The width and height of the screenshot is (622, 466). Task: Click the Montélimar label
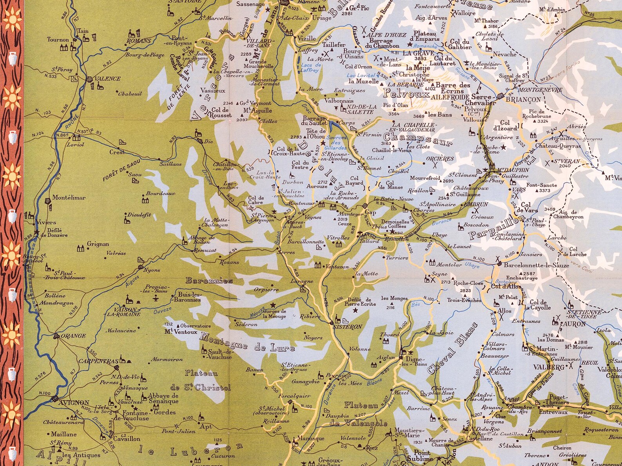[69, 198]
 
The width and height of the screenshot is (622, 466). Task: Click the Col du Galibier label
[460, 44]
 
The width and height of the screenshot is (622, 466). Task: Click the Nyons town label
[152, 270]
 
